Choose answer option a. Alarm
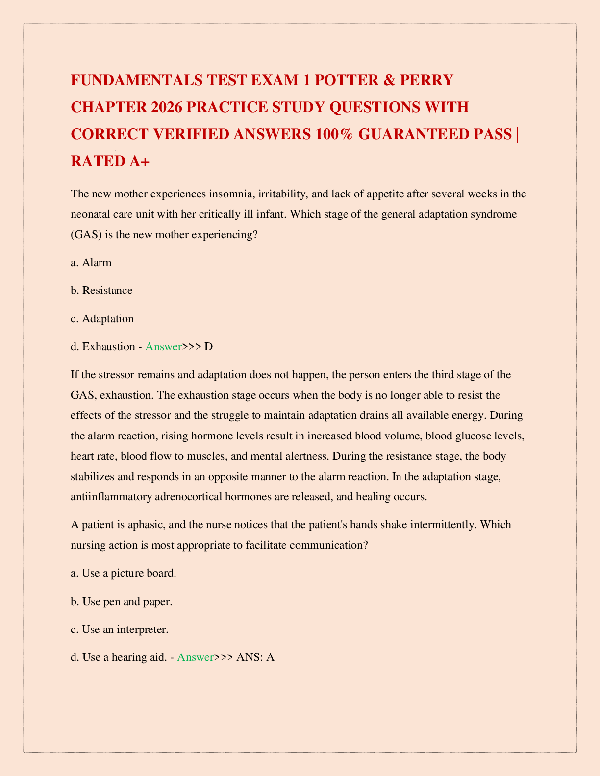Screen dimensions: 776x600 91,262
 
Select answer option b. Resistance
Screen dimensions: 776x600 101,290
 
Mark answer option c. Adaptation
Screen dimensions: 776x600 102,318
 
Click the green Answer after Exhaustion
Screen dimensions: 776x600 163,346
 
